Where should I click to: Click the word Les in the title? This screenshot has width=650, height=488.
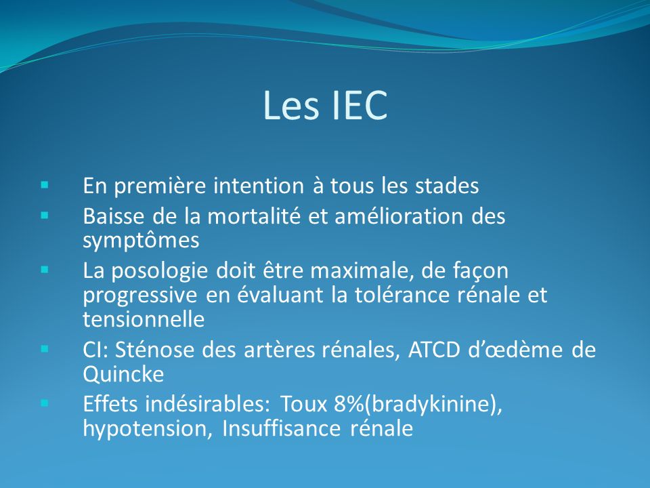(x=291, y=105)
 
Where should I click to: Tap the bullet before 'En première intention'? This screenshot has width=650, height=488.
(x=45, y=184)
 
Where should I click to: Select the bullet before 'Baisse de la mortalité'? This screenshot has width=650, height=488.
(x=45, y=216)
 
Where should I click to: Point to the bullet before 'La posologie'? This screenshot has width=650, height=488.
(x=45, y=270)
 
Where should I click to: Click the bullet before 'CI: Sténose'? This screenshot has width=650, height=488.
(x=45, y=349)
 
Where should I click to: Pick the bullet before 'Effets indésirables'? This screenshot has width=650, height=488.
(x=45, y=403)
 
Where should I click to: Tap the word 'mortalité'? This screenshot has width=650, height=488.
(x=254, y=216)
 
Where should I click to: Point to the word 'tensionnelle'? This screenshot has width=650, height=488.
(x=144, y=319)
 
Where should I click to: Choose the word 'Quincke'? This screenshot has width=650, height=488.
(x=123, y=374)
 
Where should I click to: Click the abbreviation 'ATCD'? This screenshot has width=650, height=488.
(x=434, y=350)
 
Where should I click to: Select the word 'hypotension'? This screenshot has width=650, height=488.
(x=145, y=428)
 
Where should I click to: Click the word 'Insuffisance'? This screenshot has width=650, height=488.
(x=281, y=428)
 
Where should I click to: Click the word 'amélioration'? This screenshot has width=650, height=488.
(x=399, y=216)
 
